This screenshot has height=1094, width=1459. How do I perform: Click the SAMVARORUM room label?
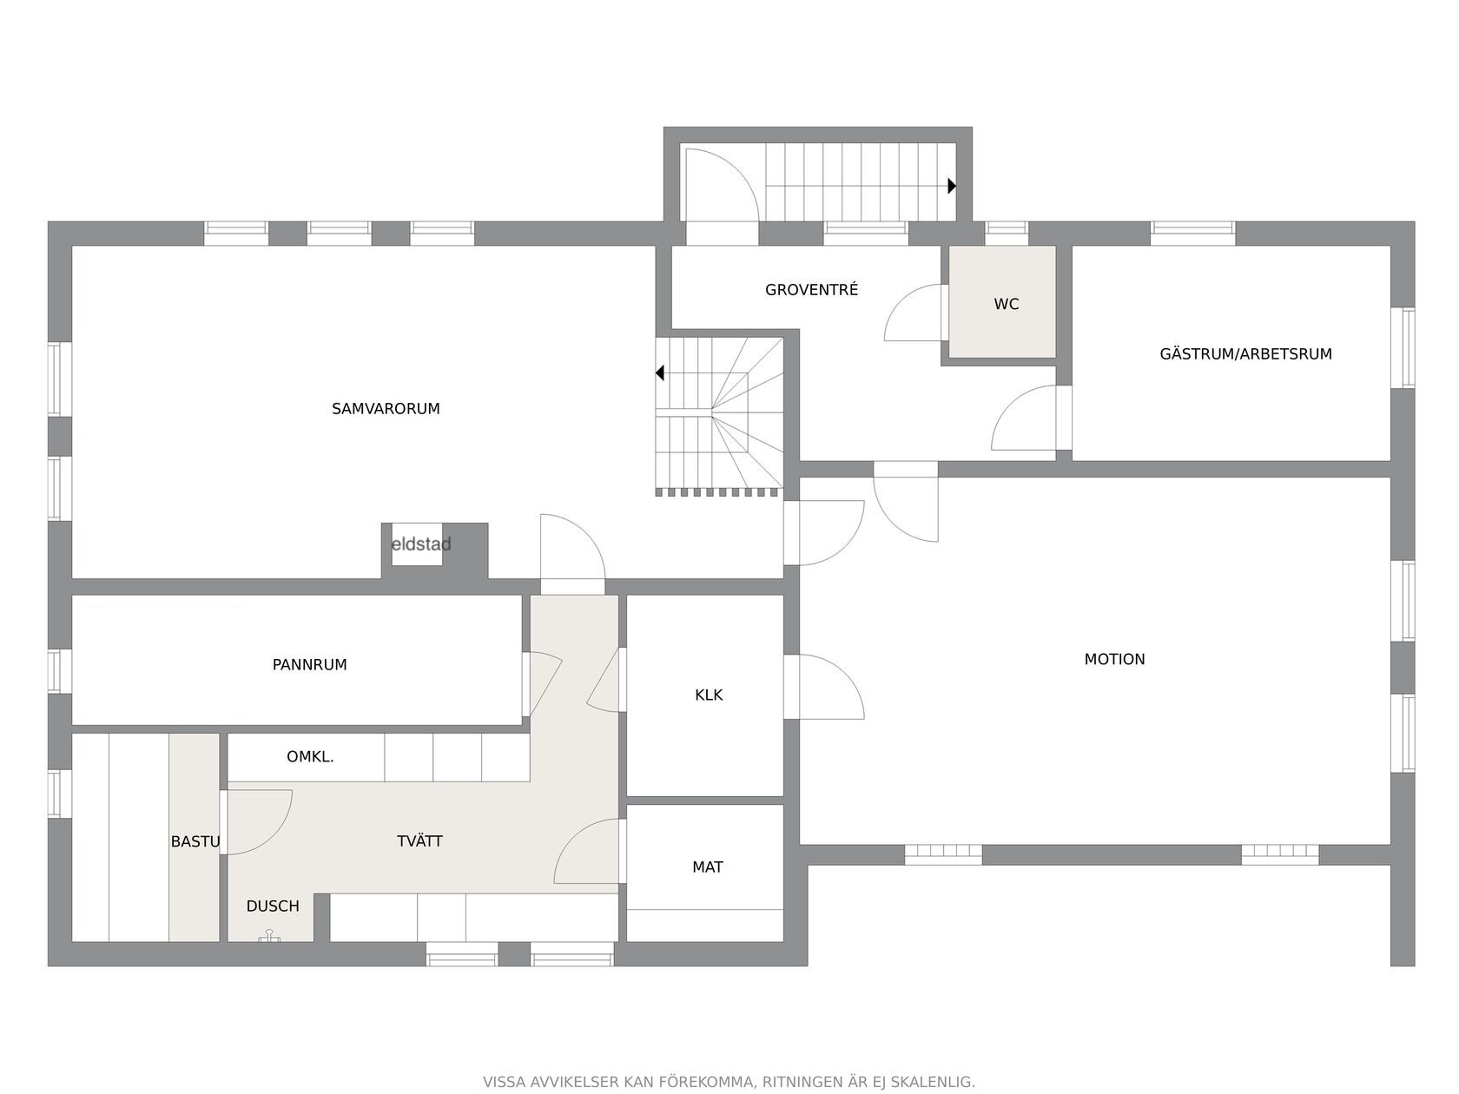coord(386,408)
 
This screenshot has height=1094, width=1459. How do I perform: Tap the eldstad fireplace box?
coord(417,544)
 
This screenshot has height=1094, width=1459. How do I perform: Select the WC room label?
coord(1007,304)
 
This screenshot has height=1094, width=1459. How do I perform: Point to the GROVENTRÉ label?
coord(812,289)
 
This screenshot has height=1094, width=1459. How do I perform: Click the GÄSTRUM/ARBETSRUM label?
coord(1245,353)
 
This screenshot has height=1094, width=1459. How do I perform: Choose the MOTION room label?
coord(1115,659)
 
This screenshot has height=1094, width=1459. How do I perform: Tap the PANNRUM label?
coord(310,664)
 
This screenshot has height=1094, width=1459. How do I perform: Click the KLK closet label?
coord(709,695)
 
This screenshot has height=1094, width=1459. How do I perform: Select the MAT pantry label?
coord(707,867)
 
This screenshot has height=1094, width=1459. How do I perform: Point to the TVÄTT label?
coord(419,841)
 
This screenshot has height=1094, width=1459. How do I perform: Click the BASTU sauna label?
coord(195,841)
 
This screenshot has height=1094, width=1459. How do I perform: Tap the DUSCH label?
coord(273,906)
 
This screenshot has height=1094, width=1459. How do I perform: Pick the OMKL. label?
coord(310,756)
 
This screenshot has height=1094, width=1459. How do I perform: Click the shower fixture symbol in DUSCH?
coord(270,936)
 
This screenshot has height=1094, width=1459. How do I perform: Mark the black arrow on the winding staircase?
coord(659,373)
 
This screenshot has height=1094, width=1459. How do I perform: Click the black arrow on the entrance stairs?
coord(952,186)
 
